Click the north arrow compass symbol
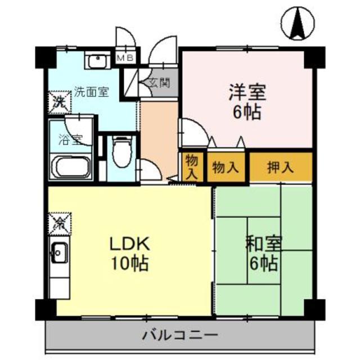click(297, 24)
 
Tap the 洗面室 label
click(92, 92)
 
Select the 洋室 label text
click(246, 91)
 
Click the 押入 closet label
click(280, 166)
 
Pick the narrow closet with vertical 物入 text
click(191, 167)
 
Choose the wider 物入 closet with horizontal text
click(225, 166)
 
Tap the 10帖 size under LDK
click(129, 262)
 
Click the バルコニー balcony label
click(180, 336)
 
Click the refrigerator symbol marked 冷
click(58, 222)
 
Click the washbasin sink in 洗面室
click(99, 58)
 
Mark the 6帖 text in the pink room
click(246, 111)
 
